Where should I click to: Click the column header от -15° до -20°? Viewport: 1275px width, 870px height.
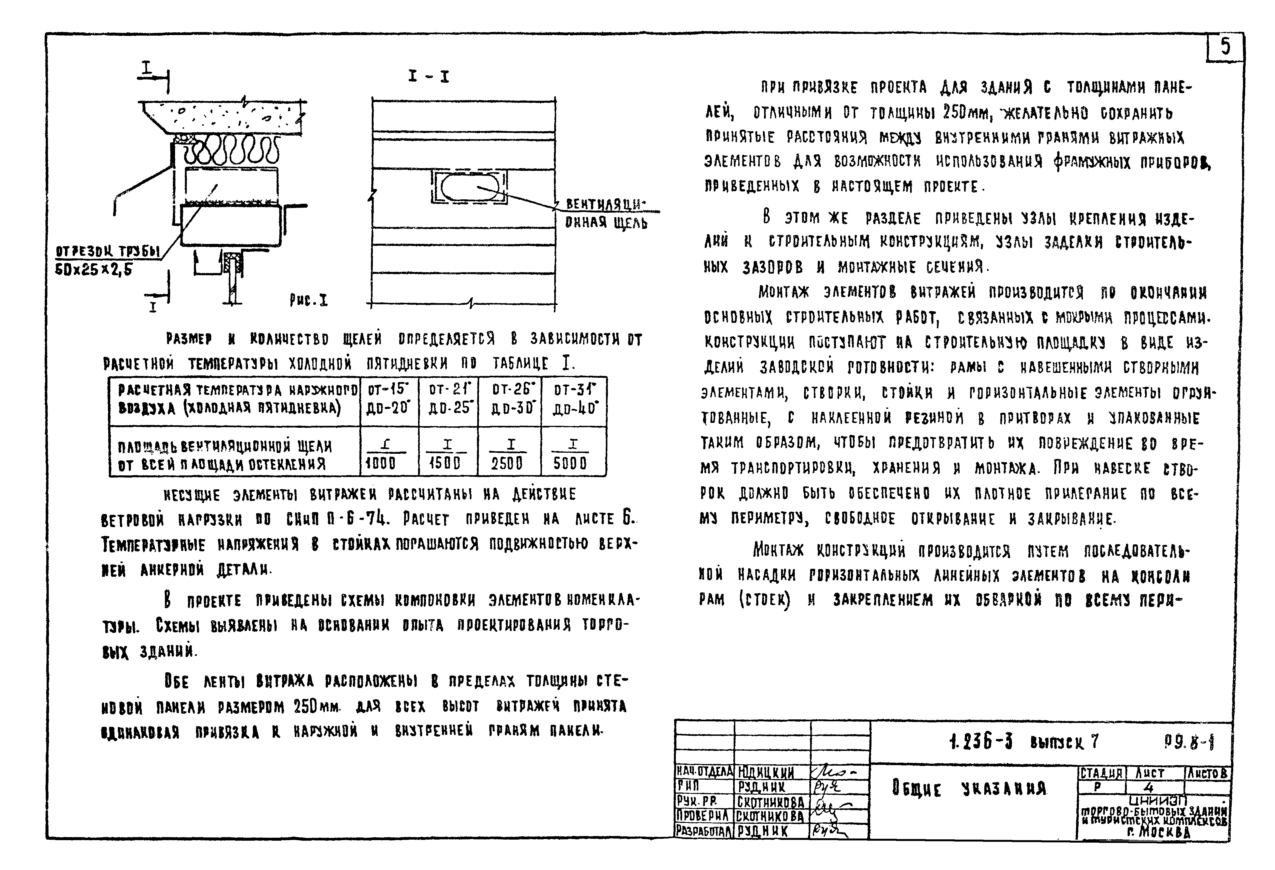tap(388, 399)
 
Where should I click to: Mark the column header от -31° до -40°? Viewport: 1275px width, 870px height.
tap(574, 399)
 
